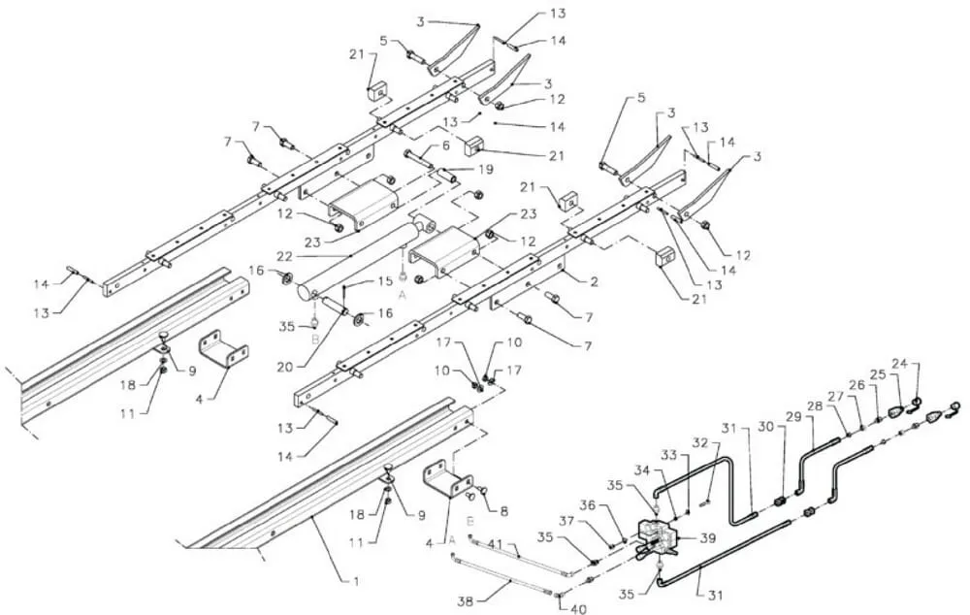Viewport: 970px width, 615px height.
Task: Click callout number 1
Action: click(x=356, y=582)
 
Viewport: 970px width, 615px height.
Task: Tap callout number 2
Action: click(x=594, y=282)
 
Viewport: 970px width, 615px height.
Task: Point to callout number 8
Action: click(x=504, y=511)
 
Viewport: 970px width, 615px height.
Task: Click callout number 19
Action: click(x=486, y=169)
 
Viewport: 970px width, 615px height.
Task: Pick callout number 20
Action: click(x=285, y=367)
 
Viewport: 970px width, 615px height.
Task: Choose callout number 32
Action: click(x=699, y=444)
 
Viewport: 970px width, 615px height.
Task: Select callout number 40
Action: click(x=578, y=609)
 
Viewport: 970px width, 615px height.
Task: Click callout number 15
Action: click(x=385, y=281)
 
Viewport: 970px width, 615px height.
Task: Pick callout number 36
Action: click(x=589, y=504)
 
